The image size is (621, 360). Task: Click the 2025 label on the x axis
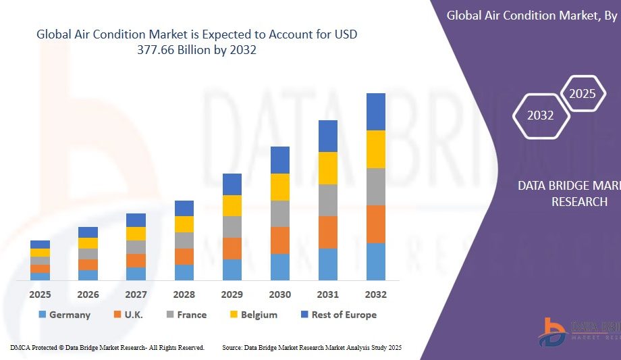[x=40, y=294]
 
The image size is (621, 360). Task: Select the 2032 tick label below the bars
[x=375, y=294]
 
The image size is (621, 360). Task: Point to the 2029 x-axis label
[x=232, y=294]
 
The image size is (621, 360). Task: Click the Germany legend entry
[x=63, y=315]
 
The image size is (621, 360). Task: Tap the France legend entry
[x=186, y=315]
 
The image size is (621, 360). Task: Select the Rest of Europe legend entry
[x=338, y=315]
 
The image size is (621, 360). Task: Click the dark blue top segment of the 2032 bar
[x=375, y=111]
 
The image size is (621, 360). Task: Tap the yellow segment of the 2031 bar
[x=328, y=168]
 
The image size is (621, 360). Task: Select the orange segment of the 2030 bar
[x=280, y=240]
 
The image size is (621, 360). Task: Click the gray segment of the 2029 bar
[x=232, y=227]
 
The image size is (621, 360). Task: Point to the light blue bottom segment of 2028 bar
[x=184, y=272]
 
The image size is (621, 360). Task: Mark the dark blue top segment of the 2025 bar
[x=40, y=245]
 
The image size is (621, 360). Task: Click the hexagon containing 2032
[x=540, y=115]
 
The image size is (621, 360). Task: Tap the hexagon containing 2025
[x=582, y=94]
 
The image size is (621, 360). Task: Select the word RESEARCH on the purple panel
[x=579, y=202]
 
